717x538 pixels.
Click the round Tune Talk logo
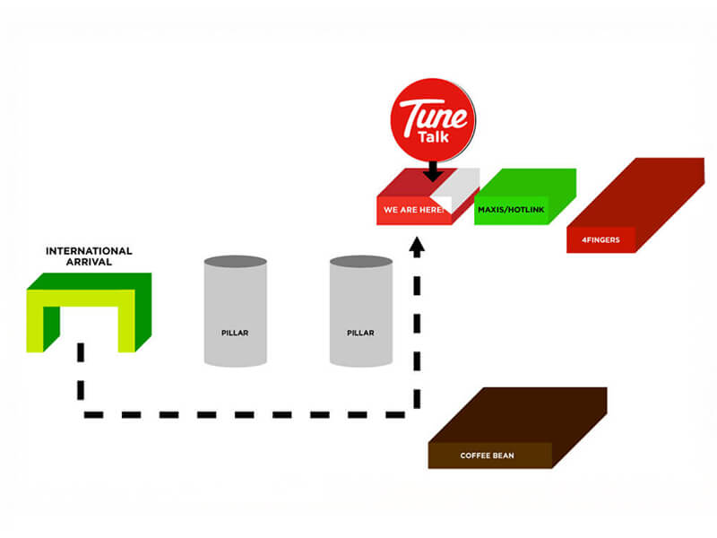pos(433,120)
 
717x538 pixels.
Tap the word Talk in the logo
pos(434,137)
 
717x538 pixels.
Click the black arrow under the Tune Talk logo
pos(433,171)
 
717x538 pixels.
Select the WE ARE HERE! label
pos(414,210)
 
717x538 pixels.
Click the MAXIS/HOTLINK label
pos(511,210)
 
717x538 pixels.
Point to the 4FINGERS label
pos(600,239)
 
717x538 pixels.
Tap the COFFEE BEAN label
pos(487,456)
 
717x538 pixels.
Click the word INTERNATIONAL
pos(89,251)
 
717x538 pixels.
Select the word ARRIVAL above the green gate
pos(89,262)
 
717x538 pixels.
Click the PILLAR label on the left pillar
pos(235,333)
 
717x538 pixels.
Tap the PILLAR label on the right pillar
pos(360,333)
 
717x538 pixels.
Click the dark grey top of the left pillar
pos(236,262)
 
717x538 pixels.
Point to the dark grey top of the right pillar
pos(361,262)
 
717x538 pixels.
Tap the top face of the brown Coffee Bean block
pos(518,415)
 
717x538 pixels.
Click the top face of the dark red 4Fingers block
pos(635,193)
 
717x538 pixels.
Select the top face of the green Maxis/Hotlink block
pos(525,183)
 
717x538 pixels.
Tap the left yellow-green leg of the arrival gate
pos(35,321)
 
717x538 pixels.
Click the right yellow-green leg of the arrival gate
pos(126,321)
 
